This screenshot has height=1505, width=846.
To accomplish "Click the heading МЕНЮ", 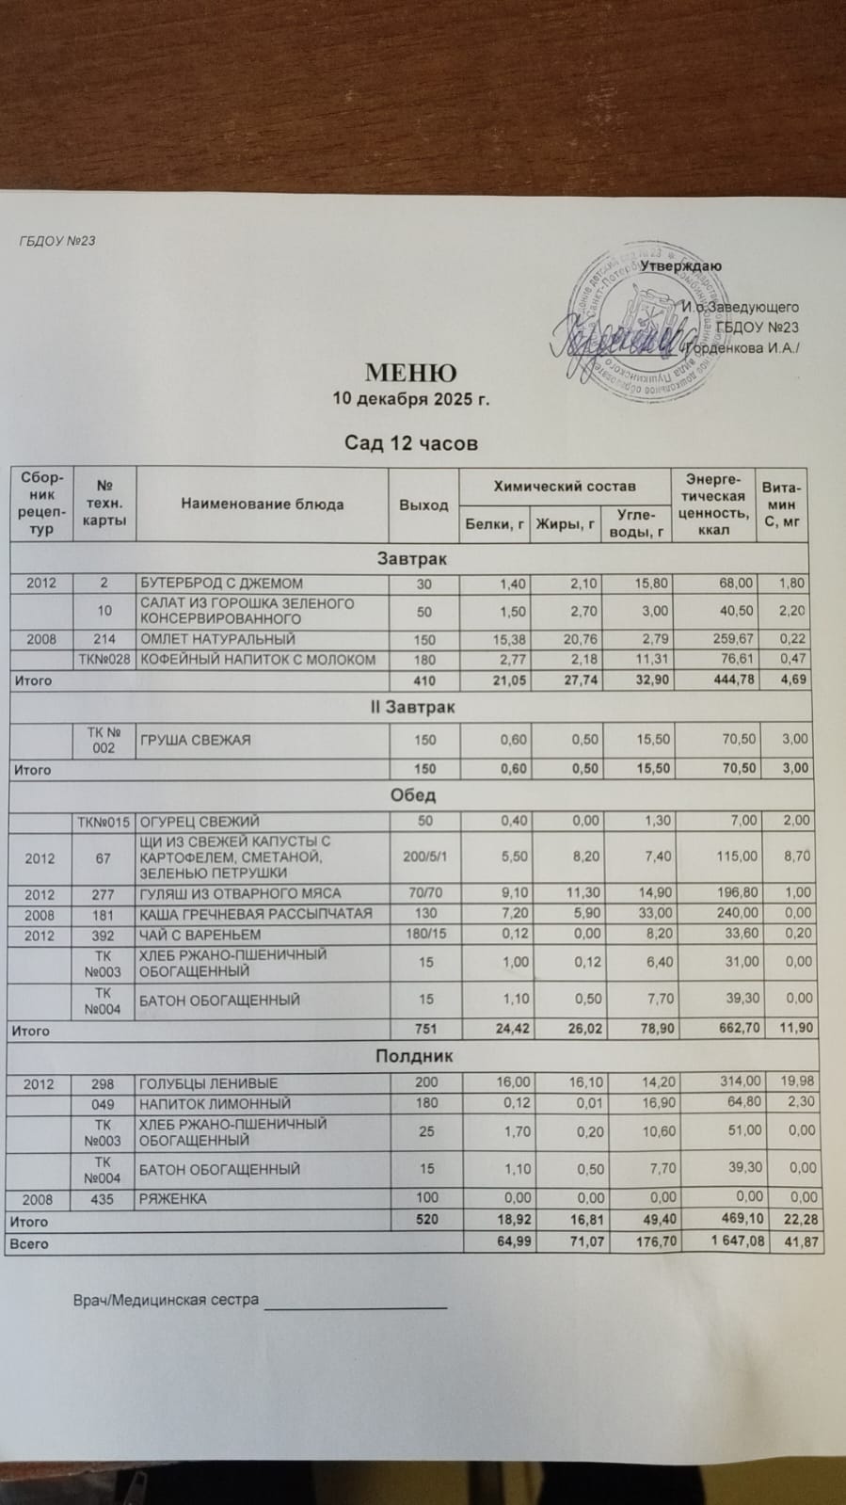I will pos(410,374).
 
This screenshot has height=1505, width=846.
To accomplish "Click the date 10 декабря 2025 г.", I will pos(411,398).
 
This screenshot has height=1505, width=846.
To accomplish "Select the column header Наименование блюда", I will pos(263,504).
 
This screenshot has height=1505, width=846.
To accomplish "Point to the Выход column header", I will pos(423,504).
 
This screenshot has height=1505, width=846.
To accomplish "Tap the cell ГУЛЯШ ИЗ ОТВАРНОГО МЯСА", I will pos(240,893).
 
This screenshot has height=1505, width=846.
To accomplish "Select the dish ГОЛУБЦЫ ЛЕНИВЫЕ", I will pos(209,1083).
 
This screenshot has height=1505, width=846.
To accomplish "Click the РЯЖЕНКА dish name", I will pos(173,1199).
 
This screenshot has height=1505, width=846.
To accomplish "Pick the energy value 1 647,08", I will pos(726,1243).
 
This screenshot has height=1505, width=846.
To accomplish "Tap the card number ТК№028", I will pos(104,659).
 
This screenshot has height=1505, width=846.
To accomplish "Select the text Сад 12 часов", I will pos(411,442).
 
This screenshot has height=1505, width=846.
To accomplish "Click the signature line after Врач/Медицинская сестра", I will pos(355,1305).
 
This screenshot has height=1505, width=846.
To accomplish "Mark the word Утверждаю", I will pos(680,265).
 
